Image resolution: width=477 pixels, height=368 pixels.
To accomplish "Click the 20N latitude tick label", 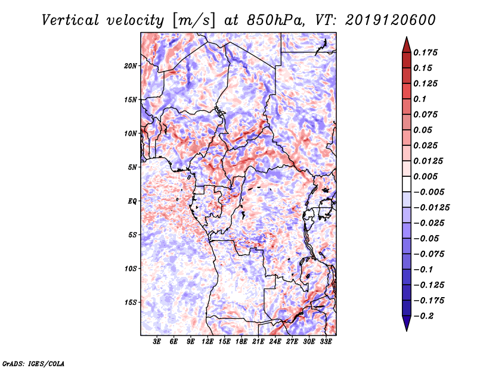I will pos(131,66).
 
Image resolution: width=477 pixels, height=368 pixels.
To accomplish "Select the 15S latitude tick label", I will pos(131,302).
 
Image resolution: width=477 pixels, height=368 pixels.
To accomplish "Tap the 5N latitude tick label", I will pos(132,167).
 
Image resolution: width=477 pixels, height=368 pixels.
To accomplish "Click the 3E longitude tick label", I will pos(157,342).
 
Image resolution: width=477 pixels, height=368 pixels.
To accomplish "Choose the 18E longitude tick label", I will pos(241,342).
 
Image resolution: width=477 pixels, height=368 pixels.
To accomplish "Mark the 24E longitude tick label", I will pos(275,342).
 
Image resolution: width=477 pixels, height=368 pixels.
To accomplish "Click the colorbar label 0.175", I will pos(426,52).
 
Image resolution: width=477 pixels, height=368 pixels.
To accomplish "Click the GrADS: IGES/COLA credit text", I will pos(33,363).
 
